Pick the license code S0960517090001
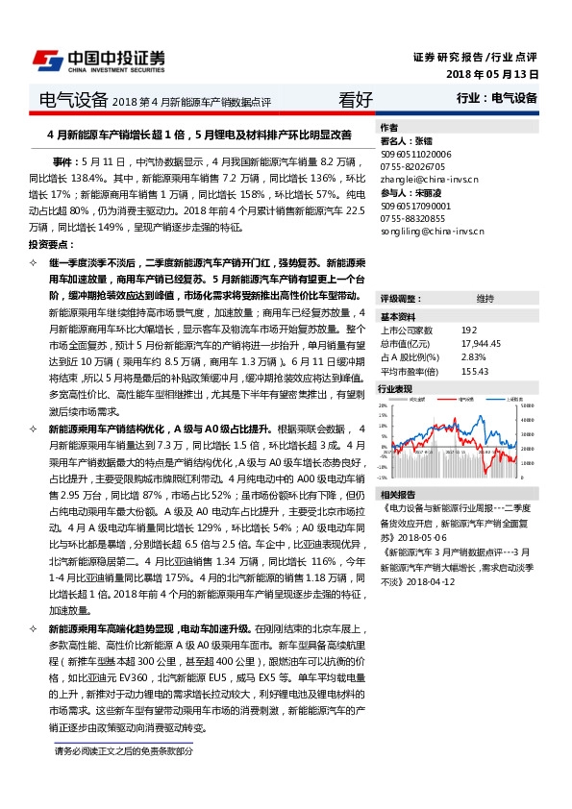[x=416, y=206]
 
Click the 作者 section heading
[x=389, y=127]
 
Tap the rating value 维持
[x=485, y=298]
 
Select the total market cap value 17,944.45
[x=482, y=343]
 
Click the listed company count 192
[x=468, y=330]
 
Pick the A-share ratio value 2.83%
[x=473, y=356]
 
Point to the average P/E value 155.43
[x=475, y=371]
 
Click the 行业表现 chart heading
[x=395, y=389]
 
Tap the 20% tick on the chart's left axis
[x=384, y=406]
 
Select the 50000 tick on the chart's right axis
[x=526, y=406]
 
